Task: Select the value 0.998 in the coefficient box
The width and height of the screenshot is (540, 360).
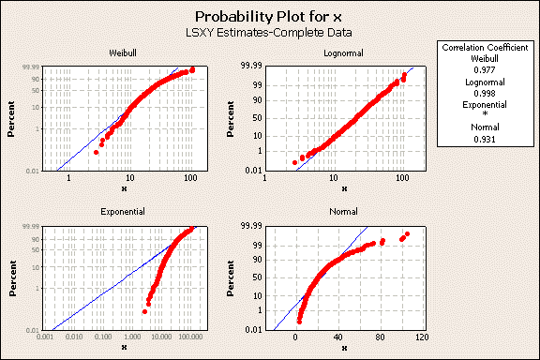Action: pyautogui.click(x=485, y=94)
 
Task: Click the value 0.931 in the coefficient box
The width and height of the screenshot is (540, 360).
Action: pyautogui.click(x=485, y=140)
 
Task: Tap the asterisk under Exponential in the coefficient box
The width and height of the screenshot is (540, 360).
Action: pyautogui.click(x=485, y=116)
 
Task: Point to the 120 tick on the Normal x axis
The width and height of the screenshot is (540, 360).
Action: pyautogui.click(x=422, y=337)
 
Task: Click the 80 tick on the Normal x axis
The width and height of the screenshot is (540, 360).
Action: pyautogui.click(x=380, y=337)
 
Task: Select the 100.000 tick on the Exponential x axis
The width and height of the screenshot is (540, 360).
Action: pyautogui.click(x=190, y=337)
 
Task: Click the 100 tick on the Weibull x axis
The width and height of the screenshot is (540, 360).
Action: pyautogui.click(x=190, y=177)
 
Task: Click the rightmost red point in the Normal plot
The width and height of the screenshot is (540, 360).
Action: pyautogui.click(x=407, y=234)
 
